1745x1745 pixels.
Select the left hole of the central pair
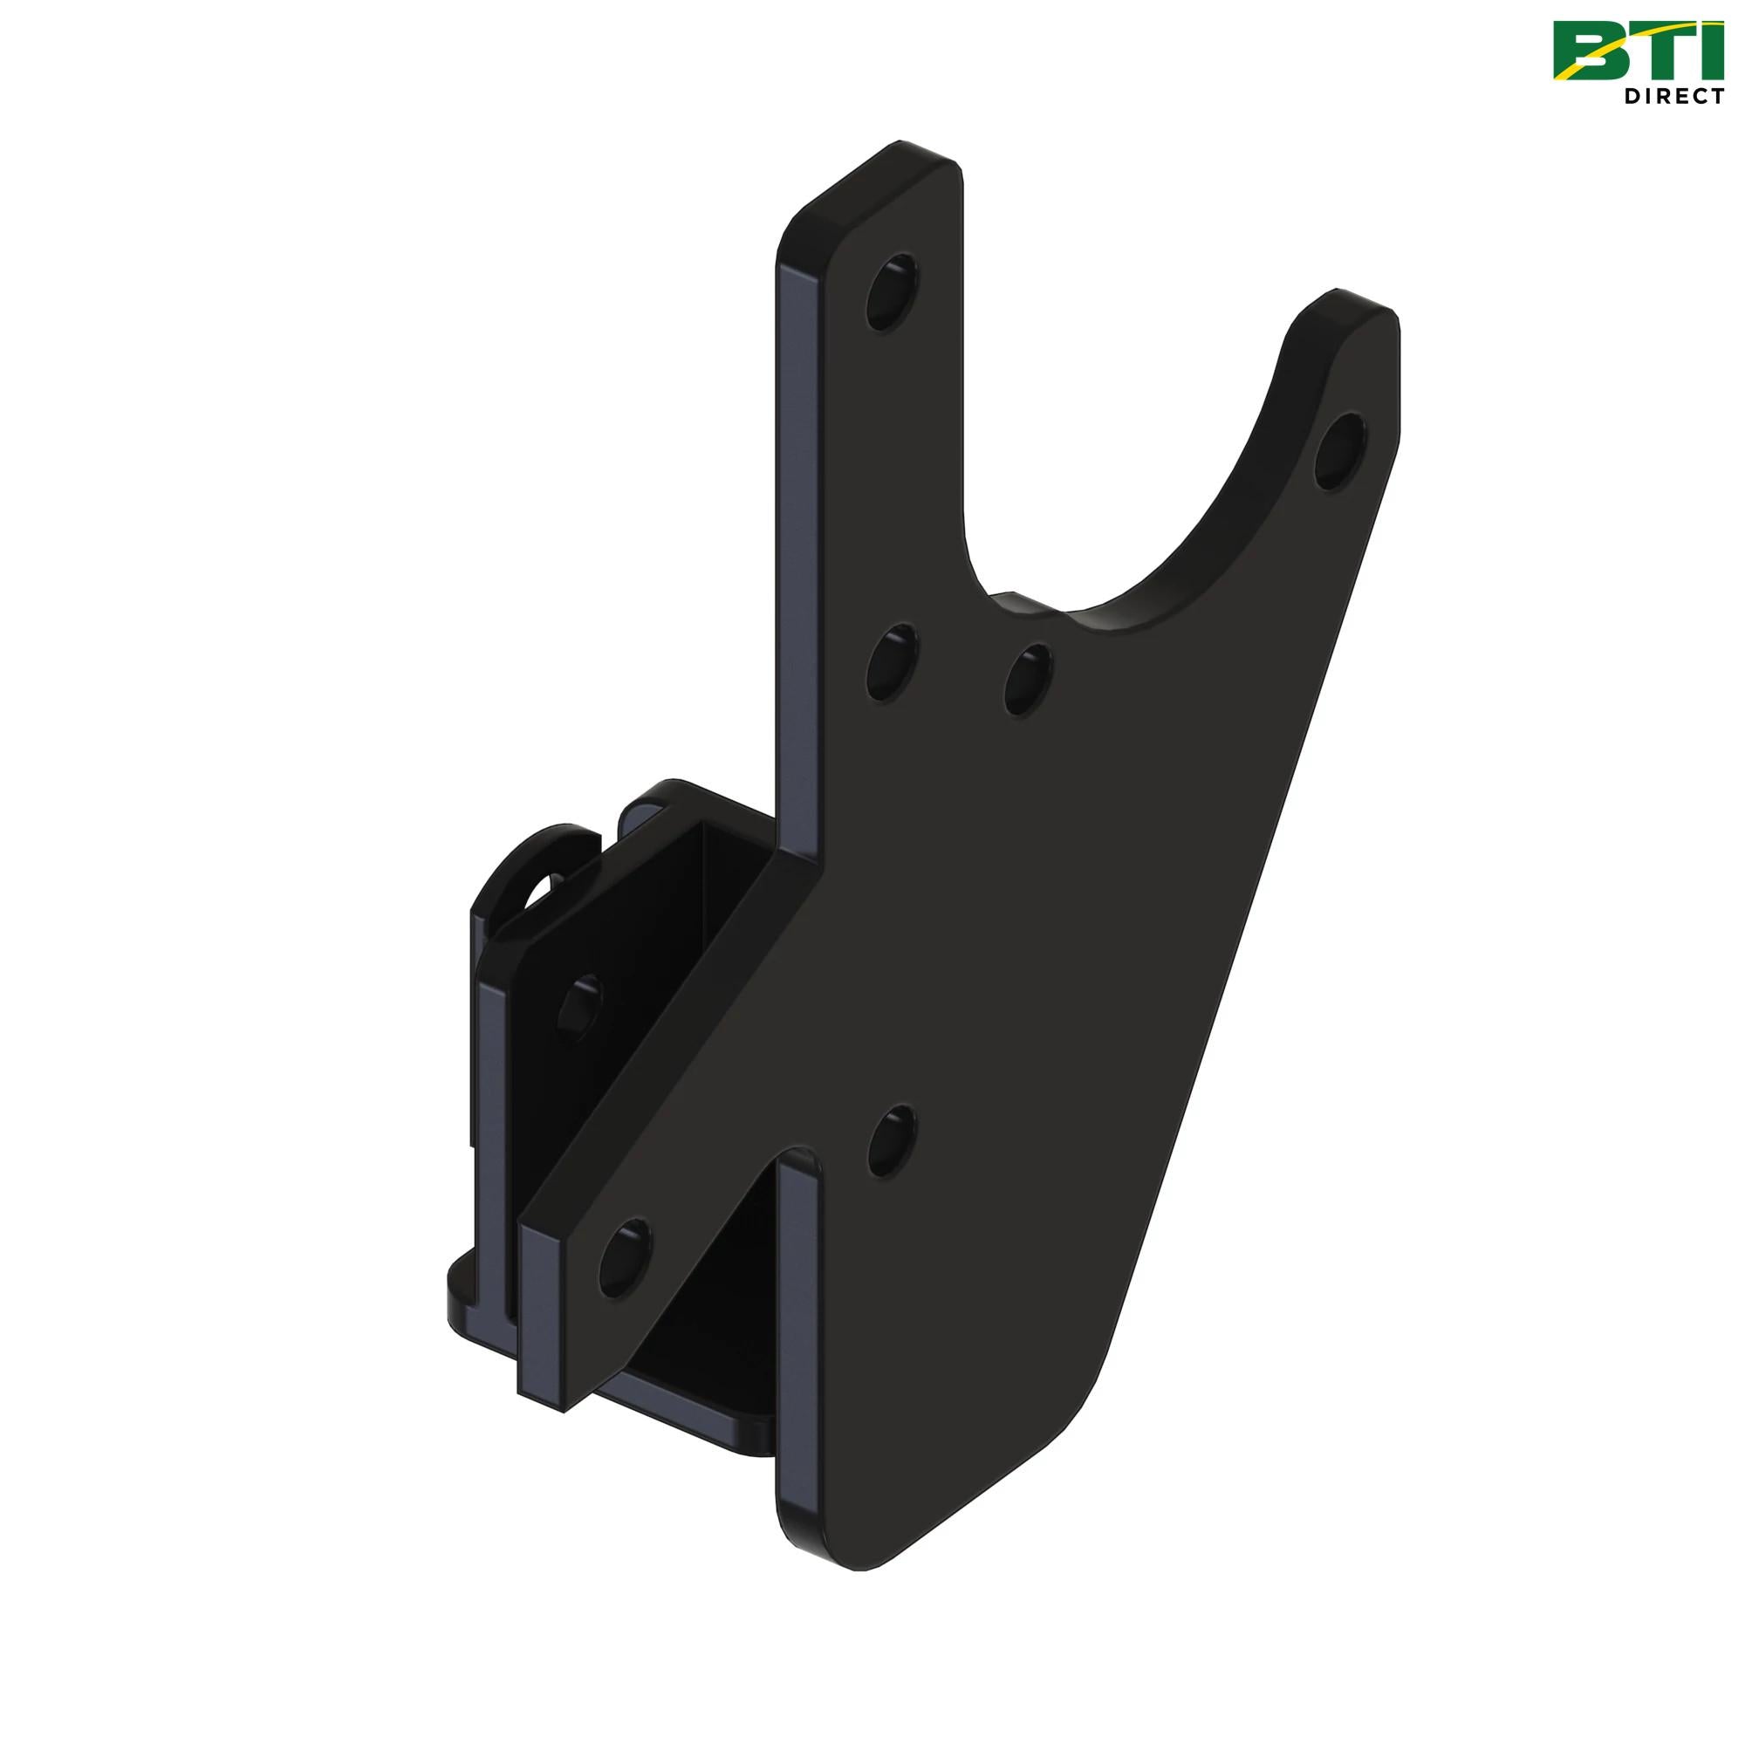pyautogui.click(x=892, y=666)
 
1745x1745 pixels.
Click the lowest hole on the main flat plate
pyautogui.click(x=892, y=1139)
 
